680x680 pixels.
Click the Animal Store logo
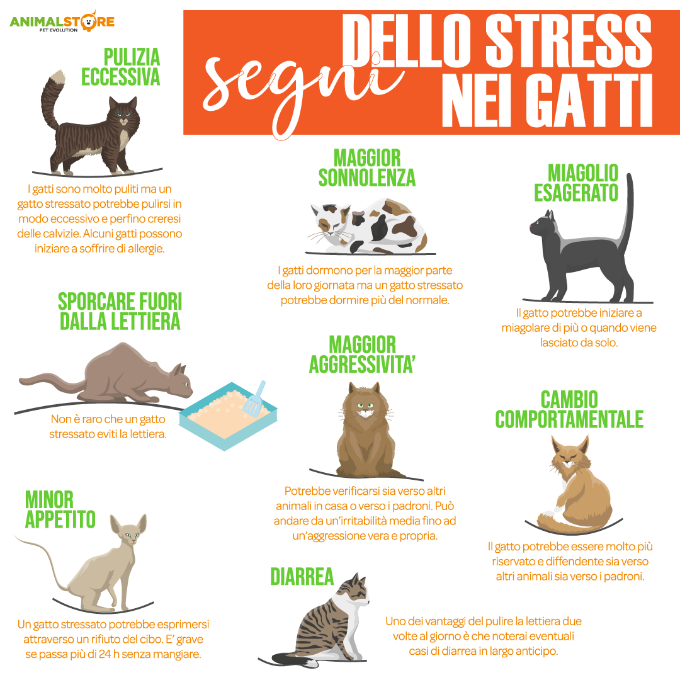(62, 21)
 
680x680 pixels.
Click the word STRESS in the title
(569, 40)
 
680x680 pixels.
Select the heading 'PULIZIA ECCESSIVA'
(121, 67)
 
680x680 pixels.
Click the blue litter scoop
(254, 397)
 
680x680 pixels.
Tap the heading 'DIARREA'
(302, 577)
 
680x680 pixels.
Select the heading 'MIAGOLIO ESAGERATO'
(577, 183)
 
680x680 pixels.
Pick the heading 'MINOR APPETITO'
(60, 509)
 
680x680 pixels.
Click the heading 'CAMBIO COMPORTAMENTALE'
(569, 409)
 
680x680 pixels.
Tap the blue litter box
(228, 416)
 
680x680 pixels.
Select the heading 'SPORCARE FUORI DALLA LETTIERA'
(120, 312)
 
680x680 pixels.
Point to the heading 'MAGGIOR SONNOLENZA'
(367, 168)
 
